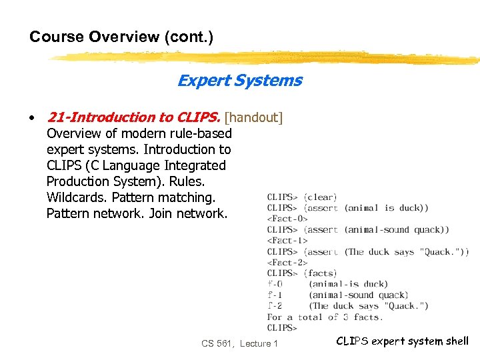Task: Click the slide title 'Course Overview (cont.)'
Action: pyautogui.click(x=121, y=37)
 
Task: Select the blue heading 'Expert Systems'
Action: pyautogui.click(x=239, y=81)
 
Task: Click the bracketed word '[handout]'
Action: pyautogui.click(x=254, y=118)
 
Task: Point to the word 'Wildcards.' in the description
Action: pyautogui.click(x=77, y=197)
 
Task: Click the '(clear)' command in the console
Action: pyautogui.click(x=320, y=197)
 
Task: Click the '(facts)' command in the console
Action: pyautogui.click(x=320, y=273)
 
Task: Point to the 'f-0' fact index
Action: pyautogui.click(x=275, y=284)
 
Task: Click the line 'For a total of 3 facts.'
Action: pyautogui.click(x=324, y=317)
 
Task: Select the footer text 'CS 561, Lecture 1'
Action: pyautogui.click(x=240, y=343)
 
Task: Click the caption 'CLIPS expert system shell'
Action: pyautogui.click(x=402, y=341)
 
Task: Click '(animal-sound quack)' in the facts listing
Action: pyautogui.click(x=358, y=295)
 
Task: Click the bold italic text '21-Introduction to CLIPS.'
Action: pyautogui.click(x=133, y=118)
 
